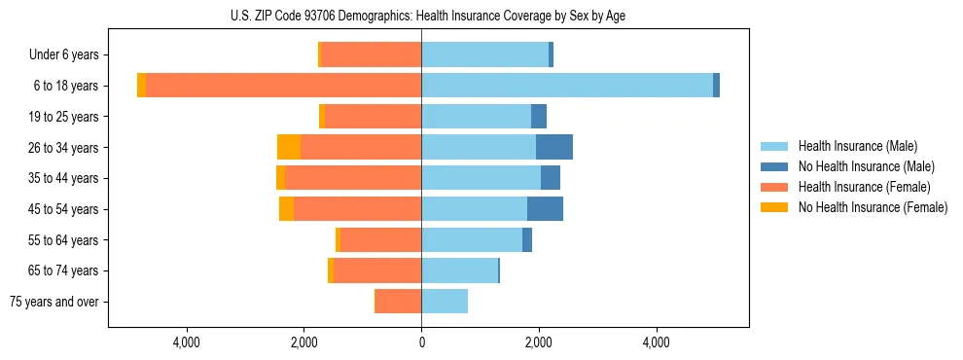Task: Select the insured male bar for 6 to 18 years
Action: [x=567, y=86]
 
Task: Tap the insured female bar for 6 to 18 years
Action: [x=284, y=86]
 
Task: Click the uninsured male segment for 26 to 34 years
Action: [x=554, y=147]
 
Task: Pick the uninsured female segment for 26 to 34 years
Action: [x=289, y=147]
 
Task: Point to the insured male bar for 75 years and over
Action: [x=445, y=302]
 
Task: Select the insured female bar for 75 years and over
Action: [x=399, y=302]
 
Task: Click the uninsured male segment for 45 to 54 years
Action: [x=545, y=209]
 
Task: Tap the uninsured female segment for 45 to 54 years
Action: [x=286, y=209]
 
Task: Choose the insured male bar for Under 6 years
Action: [x=484, y=54]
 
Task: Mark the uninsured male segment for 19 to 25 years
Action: [x=539, y=117]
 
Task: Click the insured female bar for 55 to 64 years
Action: [x=380, y=240]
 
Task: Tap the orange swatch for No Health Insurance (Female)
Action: [x=774, y=207]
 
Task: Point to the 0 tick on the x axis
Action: [x=421, y=342]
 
